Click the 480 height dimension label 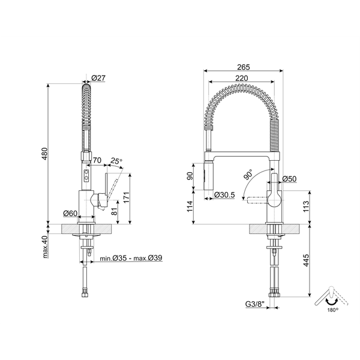click(45, 154)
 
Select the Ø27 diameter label click(98, 78)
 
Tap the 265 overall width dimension click(244, 67)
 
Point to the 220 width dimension click(242, 78)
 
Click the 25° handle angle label click(116, 161)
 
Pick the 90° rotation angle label click(248, 175)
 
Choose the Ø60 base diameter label click(70, 214)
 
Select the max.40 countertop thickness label click(45, 247)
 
